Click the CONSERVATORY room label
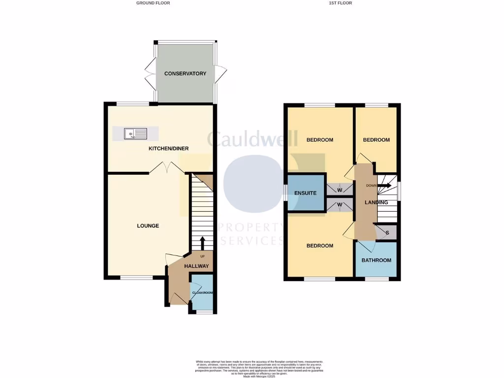[185, 74]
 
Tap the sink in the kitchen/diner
[135, 133]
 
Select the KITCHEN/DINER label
[169, 149]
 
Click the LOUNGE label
[148, 226]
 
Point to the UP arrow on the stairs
[202, 243]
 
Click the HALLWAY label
[196, 266]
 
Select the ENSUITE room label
[305, 193]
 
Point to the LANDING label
[376, 202]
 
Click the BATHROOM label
[376, 260]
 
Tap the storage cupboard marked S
[387, 233]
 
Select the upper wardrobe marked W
[340, 190]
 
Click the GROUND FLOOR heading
[153, 3]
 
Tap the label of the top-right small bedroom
[376, 140]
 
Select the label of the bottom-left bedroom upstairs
[319, 246]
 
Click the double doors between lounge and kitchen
[167, 168]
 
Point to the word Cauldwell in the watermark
[252, 139]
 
